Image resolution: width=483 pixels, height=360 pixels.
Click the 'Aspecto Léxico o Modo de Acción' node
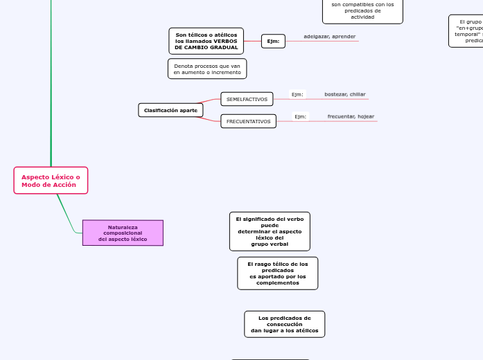51,181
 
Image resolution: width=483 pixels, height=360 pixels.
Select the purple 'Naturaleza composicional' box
123,233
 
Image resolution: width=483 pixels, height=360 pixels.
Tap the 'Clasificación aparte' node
170,110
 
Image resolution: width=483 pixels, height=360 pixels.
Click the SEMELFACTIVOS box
247,99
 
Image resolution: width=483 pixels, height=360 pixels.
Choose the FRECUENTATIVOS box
248,121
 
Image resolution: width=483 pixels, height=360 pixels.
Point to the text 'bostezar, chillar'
344,94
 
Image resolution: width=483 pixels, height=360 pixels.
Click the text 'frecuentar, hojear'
351,116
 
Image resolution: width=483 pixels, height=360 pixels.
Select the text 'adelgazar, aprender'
329,36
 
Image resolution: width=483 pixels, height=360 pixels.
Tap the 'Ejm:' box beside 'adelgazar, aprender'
273,42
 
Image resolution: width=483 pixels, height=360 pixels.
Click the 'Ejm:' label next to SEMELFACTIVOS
297,94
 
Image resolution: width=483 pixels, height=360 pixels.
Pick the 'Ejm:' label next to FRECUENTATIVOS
300,116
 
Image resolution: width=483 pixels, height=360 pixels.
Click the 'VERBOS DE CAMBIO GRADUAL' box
206,41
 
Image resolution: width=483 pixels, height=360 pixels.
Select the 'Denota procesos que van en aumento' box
207,69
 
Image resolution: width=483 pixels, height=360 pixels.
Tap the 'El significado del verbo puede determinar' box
270,231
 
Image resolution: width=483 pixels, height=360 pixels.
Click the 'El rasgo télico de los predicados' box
277,273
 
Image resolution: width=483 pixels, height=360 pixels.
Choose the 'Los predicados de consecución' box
284,324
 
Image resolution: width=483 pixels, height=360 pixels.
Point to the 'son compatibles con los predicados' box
362,10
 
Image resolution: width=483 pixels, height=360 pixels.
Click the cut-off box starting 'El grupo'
466,31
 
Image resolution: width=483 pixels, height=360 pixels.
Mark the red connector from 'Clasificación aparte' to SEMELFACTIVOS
211,102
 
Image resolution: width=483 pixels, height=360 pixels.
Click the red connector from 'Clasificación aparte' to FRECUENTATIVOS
211,118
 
